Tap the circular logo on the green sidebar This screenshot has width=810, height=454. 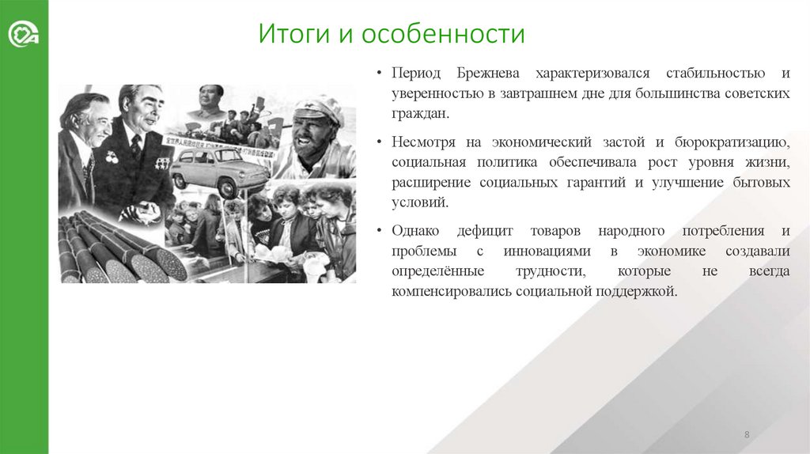coord(24,36)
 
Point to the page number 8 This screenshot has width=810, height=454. coord(747,435)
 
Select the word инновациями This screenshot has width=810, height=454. coord(547,252)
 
